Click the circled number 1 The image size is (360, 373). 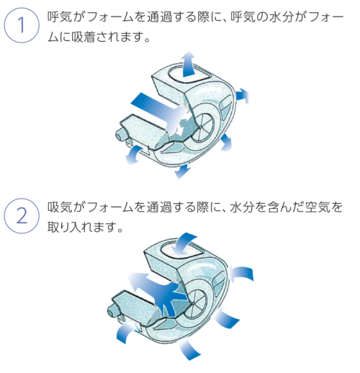[x=21, y=26]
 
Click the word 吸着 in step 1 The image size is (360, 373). [x=78, y=37]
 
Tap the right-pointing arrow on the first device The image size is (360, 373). [x=244, y=93]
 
